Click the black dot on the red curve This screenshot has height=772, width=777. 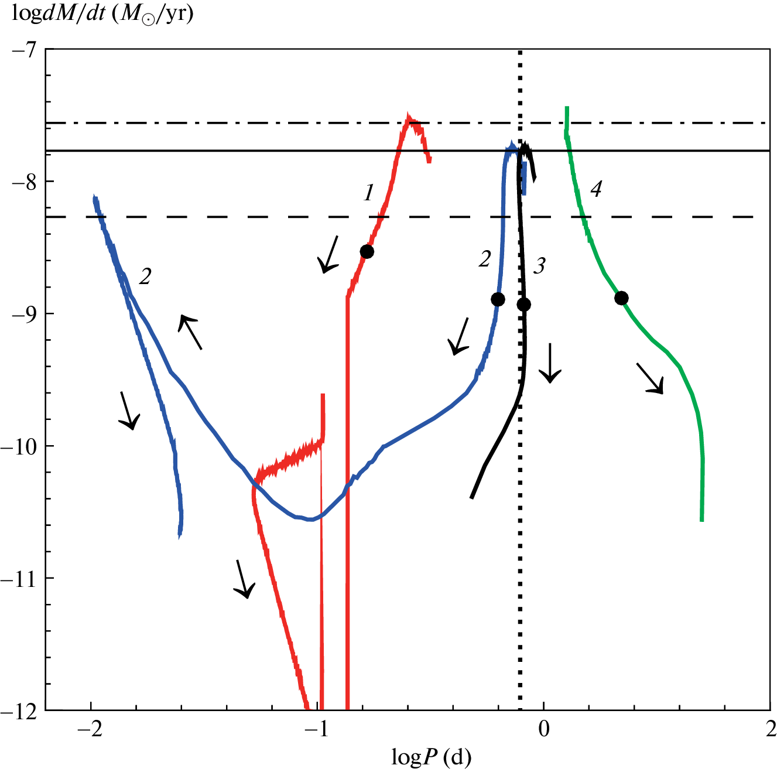coord(367,251)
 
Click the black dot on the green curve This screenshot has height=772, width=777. coord(621,298)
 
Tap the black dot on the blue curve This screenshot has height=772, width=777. coord(498,299)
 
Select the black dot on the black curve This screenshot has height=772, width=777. coord(524,305)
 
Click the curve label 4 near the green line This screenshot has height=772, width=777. coord(595,189)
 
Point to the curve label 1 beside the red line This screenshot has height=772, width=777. coord(368,192)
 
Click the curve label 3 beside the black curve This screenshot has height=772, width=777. coord(539,266)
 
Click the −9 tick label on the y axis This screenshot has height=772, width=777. coord(23,313)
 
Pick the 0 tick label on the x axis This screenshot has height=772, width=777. coord(544,729)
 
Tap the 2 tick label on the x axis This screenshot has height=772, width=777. coord(770,729)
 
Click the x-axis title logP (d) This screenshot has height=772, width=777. coord(431,758)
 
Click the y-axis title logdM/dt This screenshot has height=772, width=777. coord(102,13)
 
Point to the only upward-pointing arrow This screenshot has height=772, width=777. coord(190,332)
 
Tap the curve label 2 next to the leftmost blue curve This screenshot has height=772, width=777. coord(145,276)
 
